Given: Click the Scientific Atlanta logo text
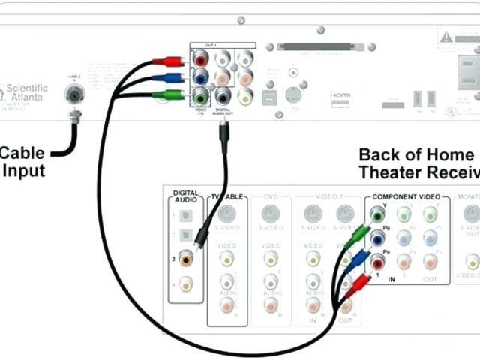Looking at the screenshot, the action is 26,93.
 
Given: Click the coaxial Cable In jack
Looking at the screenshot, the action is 74,94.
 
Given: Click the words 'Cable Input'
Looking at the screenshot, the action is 22,162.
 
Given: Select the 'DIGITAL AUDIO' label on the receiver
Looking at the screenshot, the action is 185,196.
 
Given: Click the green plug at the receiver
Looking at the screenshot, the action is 358,238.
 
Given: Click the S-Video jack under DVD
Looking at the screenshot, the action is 271,213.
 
